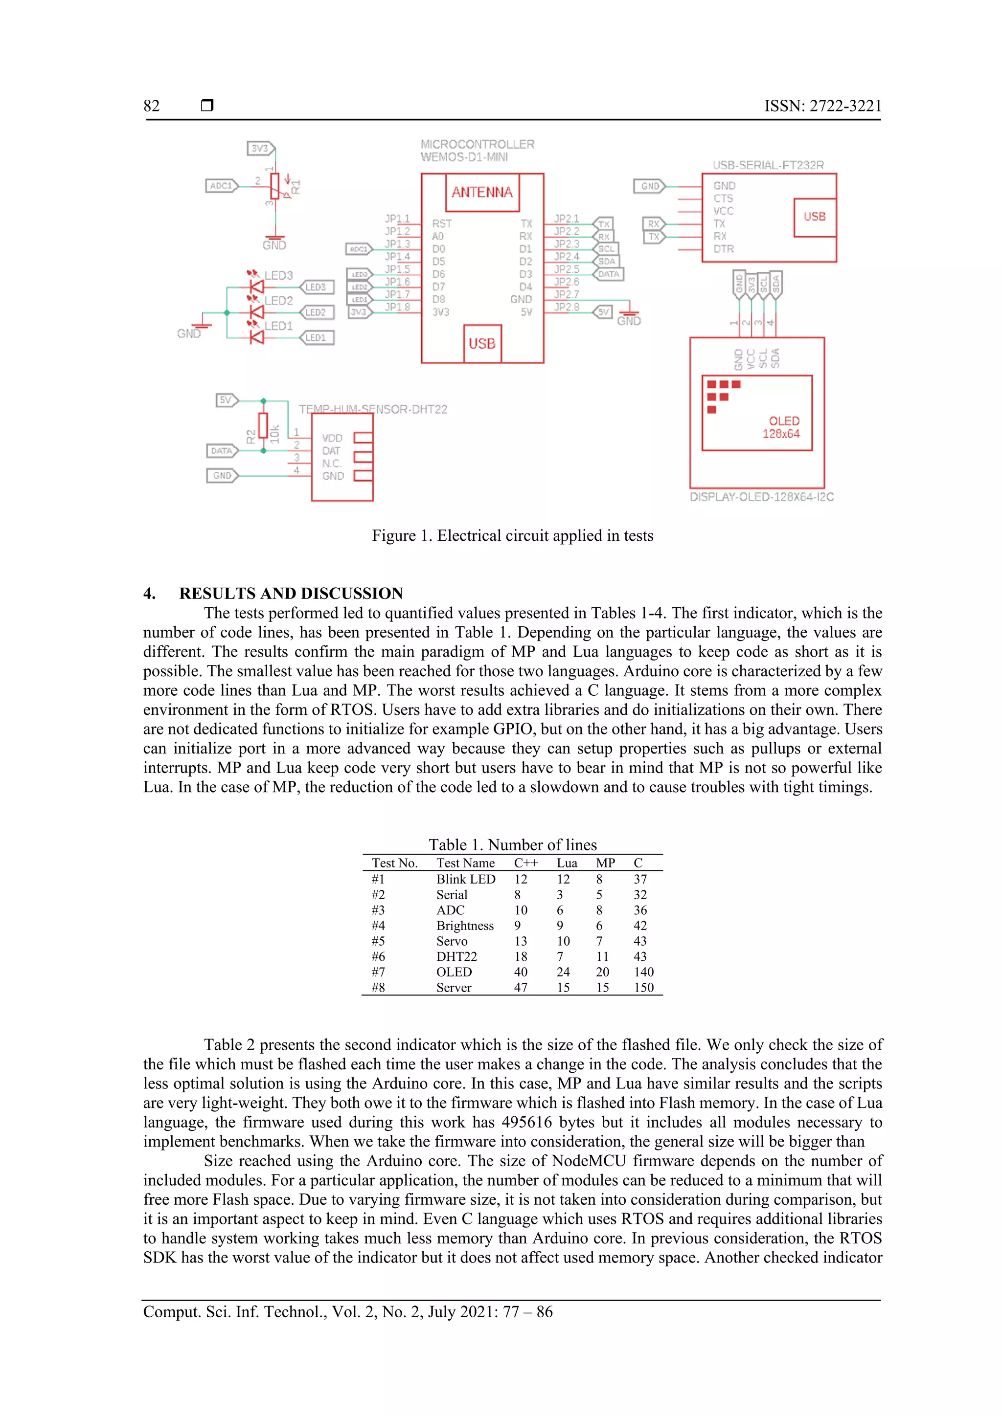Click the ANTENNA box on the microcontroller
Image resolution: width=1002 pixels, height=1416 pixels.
click(482, 193)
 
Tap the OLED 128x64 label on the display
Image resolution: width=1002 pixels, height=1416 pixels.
click(782, 427)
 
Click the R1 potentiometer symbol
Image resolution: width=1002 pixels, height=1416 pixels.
click(275, 186)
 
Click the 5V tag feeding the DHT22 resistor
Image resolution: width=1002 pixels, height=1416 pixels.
click(227, 400)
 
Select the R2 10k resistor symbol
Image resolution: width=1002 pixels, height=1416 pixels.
click(263, 425)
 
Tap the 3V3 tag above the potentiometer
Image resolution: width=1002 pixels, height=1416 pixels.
click(260, 149)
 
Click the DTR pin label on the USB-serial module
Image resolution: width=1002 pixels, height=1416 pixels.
click(723, 249)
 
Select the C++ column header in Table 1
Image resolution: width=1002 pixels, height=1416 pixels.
click(525, 863)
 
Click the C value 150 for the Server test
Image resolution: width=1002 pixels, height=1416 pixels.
click(643, 987)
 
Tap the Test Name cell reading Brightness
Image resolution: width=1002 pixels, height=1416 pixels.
click(465, 926)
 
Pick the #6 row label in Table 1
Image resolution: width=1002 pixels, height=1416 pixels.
click(378, 956)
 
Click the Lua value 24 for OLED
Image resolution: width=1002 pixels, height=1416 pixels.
click(563, 972)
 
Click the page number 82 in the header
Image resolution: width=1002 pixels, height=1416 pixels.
click(151, 106)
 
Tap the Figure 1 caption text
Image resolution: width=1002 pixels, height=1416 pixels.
click(512, 535)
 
